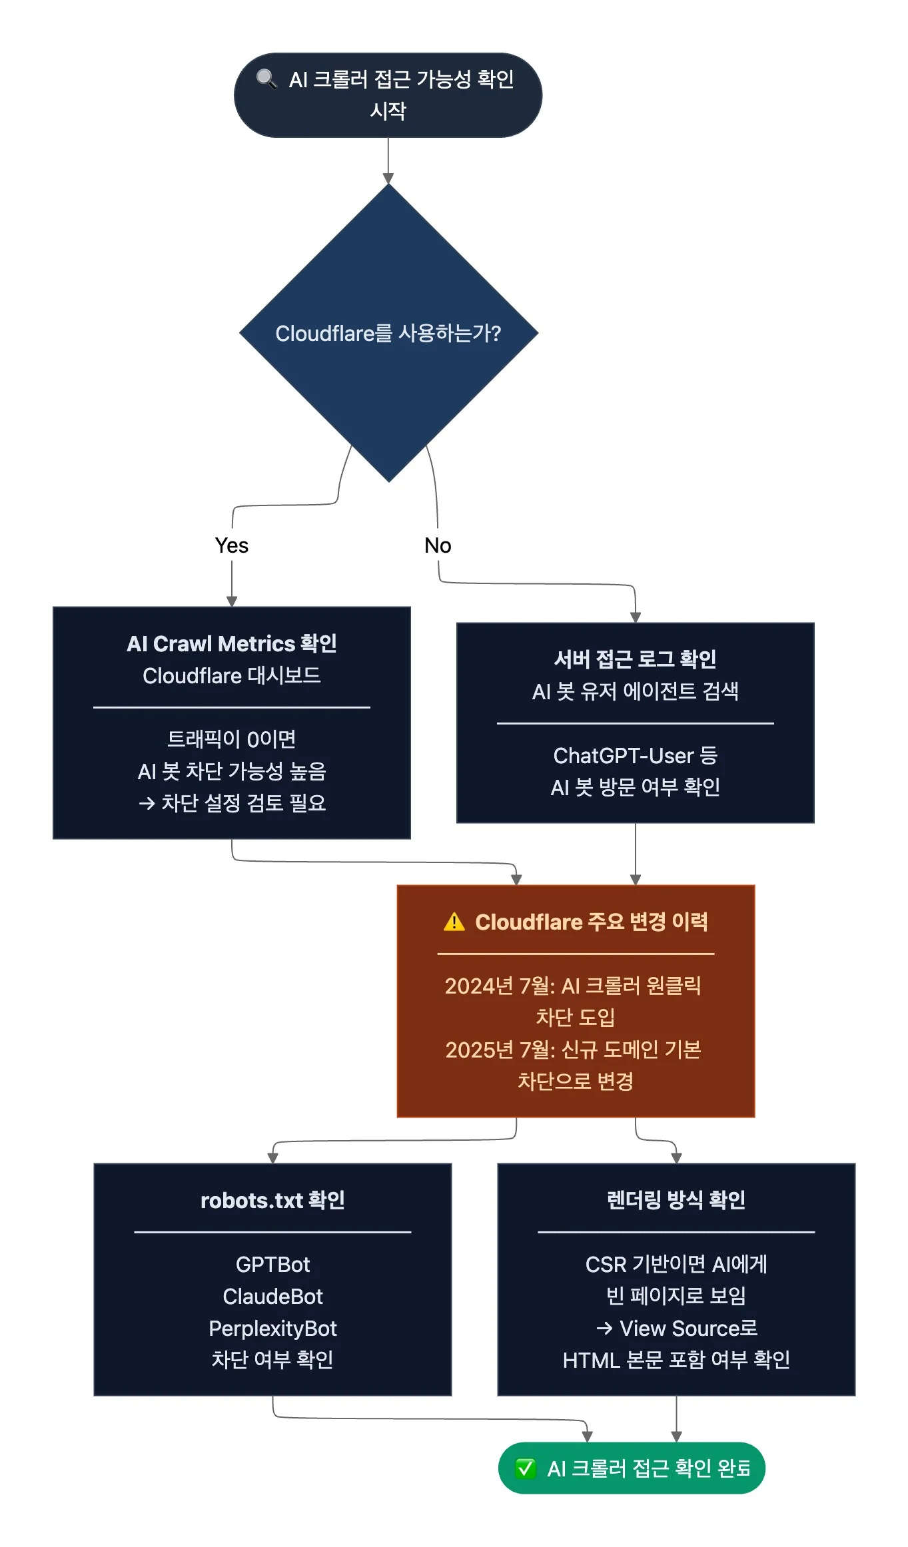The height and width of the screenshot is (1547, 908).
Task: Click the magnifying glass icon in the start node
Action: [266, 79]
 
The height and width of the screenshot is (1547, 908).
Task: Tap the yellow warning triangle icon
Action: [454, 922]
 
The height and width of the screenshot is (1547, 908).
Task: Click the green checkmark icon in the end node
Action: [525, 1468]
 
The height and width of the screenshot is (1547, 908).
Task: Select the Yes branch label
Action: [232, 545]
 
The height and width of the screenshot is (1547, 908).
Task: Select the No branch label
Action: [438, 545]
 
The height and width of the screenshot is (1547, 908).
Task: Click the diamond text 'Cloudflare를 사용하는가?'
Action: [388, 333]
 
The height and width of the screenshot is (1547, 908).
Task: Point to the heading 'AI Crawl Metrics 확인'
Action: [232, 643]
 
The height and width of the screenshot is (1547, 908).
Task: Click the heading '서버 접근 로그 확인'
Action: [635, 659]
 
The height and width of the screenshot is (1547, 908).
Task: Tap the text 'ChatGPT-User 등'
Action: [635, 755]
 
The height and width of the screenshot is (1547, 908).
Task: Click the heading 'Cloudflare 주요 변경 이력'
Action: [591, 922]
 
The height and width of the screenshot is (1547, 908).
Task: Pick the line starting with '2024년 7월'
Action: [573, 986]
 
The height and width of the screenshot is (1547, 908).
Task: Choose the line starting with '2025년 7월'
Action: [573, 1050]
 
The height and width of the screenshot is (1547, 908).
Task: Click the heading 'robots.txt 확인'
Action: [272, 1200]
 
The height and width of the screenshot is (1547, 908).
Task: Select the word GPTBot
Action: [272, 1264]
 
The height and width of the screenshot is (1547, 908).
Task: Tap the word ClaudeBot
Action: [272, 1296]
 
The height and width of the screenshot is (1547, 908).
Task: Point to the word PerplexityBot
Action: [272, 1328]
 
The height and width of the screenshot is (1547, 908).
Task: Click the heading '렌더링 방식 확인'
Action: [676, 1200]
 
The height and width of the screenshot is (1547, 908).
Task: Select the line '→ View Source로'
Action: [676, 1328]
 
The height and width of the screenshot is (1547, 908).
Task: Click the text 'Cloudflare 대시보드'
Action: [232, 675]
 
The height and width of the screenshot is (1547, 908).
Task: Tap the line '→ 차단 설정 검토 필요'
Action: [232, 802]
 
